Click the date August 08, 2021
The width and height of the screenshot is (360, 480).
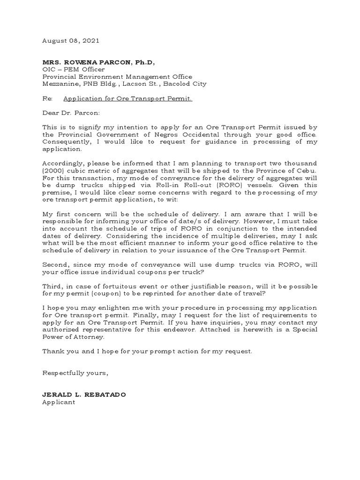point(71,41)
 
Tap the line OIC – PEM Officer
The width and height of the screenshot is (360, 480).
point(74,70)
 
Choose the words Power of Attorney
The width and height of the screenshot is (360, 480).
point(74,337)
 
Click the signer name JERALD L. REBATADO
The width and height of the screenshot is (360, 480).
point(84,395)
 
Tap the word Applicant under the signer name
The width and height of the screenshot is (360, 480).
point(59,402)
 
